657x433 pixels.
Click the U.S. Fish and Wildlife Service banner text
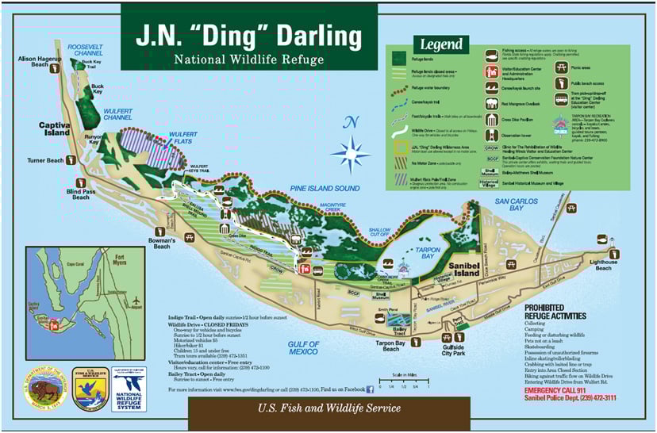click(x=328, y=408)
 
